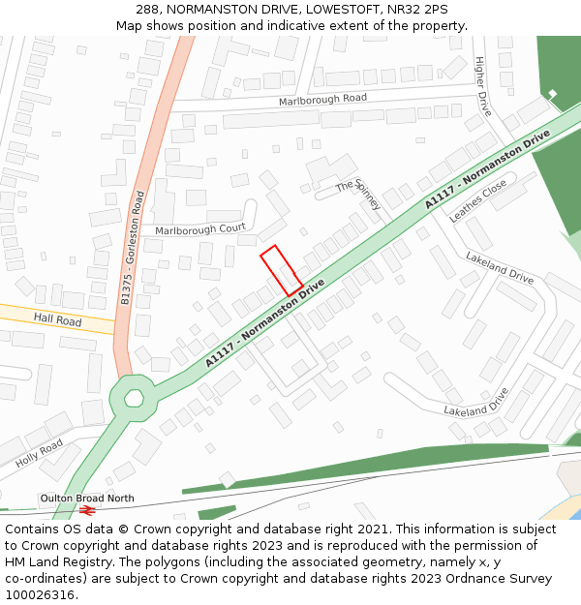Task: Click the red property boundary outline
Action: click(x=281, y=270)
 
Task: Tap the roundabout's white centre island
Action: click(x=134, y=398)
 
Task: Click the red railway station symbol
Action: click(x=87, y=509)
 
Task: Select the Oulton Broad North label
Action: click(x=87, y=499)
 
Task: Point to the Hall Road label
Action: click(x=57, y=318)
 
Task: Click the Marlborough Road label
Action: click(x=322, y=100)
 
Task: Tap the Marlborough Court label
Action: click(x=200, y=229)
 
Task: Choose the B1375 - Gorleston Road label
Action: click(x=132, y=248)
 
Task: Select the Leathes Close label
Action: click(x=478, y=201)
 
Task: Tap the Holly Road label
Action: click(x=39, y=453)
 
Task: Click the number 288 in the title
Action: click(x=147, y=9)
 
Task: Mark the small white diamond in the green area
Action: click(x=553, y=94)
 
